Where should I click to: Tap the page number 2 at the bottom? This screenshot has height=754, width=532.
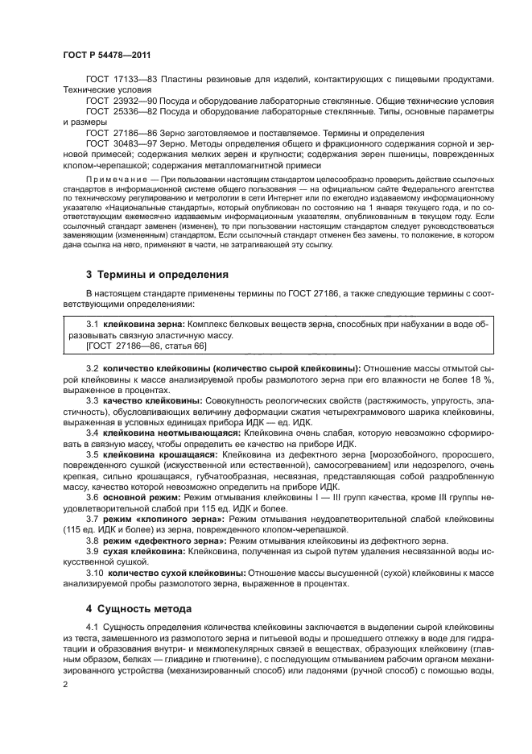[x=66, y=685]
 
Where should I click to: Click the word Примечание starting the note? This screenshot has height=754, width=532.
[x=121, y=176]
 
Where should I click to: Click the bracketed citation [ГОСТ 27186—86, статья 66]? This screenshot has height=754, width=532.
[x=146, y=345]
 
